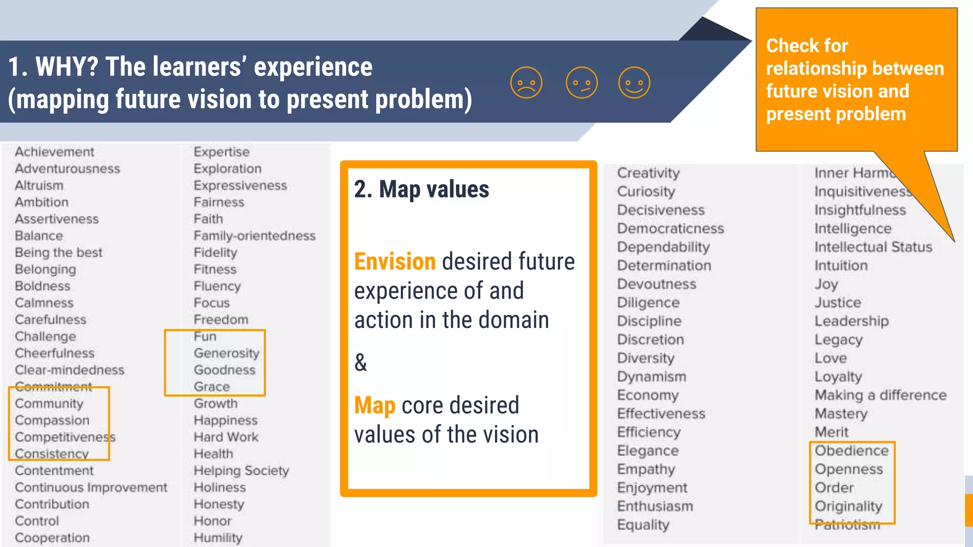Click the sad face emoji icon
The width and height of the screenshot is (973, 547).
point(526,83)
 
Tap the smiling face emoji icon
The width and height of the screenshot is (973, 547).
point(634,83)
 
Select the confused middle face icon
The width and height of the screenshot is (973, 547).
point(582,83)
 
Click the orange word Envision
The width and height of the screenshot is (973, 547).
point(395,262)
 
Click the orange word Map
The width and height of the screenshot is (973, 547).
point(374,406)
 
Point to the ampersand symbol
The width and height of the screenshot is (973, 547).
point(361,363)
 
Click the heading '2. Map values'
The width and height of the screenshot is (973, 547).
point(421,189)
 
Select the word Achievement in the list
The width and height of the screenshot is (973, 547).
point(54,152)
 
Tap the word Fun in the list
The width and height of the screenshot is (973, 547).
point(205,337)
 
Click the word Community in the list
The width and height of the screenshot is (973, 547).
point(49,404)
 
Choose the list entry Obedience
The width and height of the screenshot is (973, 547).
point(851,451)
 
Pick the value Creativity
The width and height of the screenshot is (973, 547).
point(648,173)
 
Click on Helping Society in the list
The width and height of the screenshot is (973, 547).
point(241,471)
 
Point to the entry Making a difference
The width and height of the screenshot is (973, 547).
point(880,395)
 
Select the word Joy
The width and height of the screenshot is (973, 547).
point(826,284)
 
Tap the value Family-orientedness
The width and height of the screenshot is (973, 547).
point(254,236)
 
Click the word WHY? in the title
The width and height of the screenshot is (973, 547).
point(67,66)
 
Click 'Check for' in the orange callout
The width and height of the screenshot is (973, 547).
point(807,46)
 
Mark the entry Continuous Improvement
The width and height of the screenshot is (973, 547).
point(91,488)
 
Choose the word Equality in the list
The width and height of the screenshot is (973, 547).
point(643,525)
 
